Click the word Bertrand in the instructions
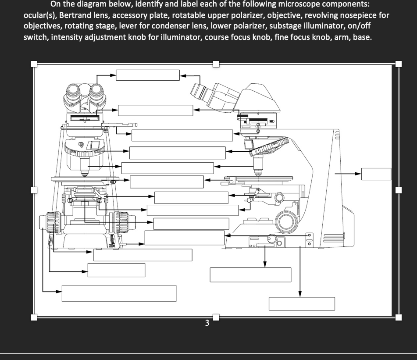point(78,15)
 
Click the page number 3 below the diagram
point(207,325)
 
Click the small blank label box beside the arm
point(376,174)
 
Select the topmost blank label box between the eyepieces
point(148,75)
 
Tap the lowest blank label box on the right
point(302,303)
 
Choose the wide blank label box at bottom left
point(119,293)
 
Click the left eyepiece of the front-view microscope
point(73,93)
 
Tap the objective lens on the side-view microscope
point(259,166)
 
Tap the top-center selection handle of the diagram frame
point(215,64)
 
